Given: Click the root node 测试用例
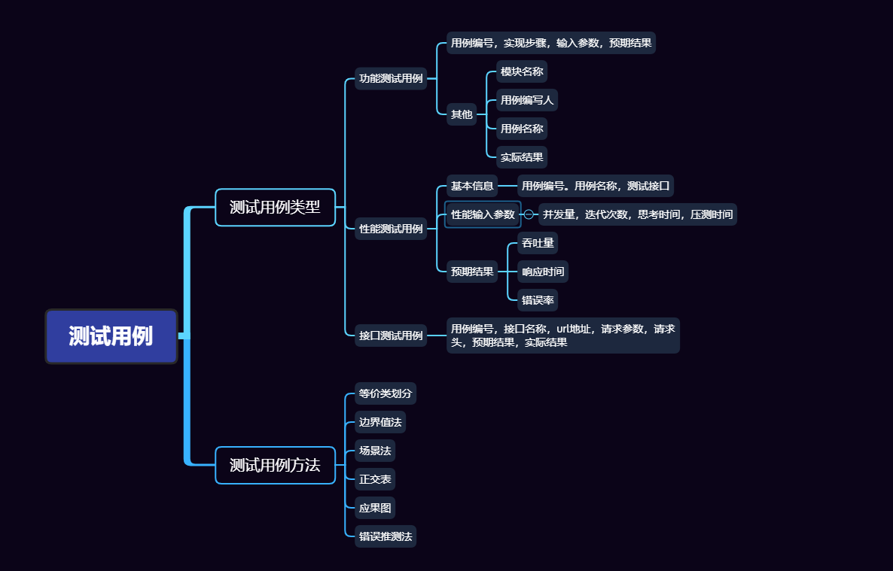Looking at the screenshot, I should pos(111,336).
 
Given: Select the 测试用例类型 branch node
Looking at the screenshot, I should pos(275,208).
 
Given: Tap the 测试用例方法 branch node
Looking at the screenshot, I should pos(275,465).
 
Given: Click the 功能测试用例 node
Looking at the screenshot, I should pos(391,78).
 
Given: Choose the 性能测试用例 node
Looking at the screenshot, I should pos(391,229).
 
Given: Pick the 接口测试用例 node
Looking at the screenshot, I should pos(391,336).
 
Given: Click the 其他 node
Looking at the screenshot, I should pos(462,114).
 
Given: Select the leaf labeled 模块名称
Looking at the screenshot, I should pos(522,71).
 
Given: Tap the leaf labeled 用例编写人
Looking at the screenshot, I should pos(527,100).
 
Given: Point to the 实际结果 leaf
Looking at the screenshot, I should pos(522,157).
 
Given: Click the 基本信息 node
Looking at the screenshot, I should pos(472,186).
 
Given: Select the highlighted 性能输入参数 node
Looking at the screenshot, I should pos(483,214).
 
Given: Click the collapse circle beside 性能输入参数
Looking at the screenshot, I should pos(529,214).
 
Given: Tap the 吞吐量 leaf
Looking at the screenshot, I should pos(538,243).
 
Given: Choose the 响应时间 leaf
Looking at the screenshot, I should pos(543,272).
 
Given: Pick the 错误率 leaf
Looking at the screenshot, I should pos(538,300).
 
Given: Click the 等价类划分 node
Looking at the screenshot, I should pos(386,393).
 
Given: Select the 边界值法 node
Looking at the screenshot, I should pos(380,422).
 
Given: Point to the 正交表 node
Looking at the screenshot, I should pos(375,479).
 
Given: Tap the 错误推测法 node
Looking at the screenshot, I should pos(386,536).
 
